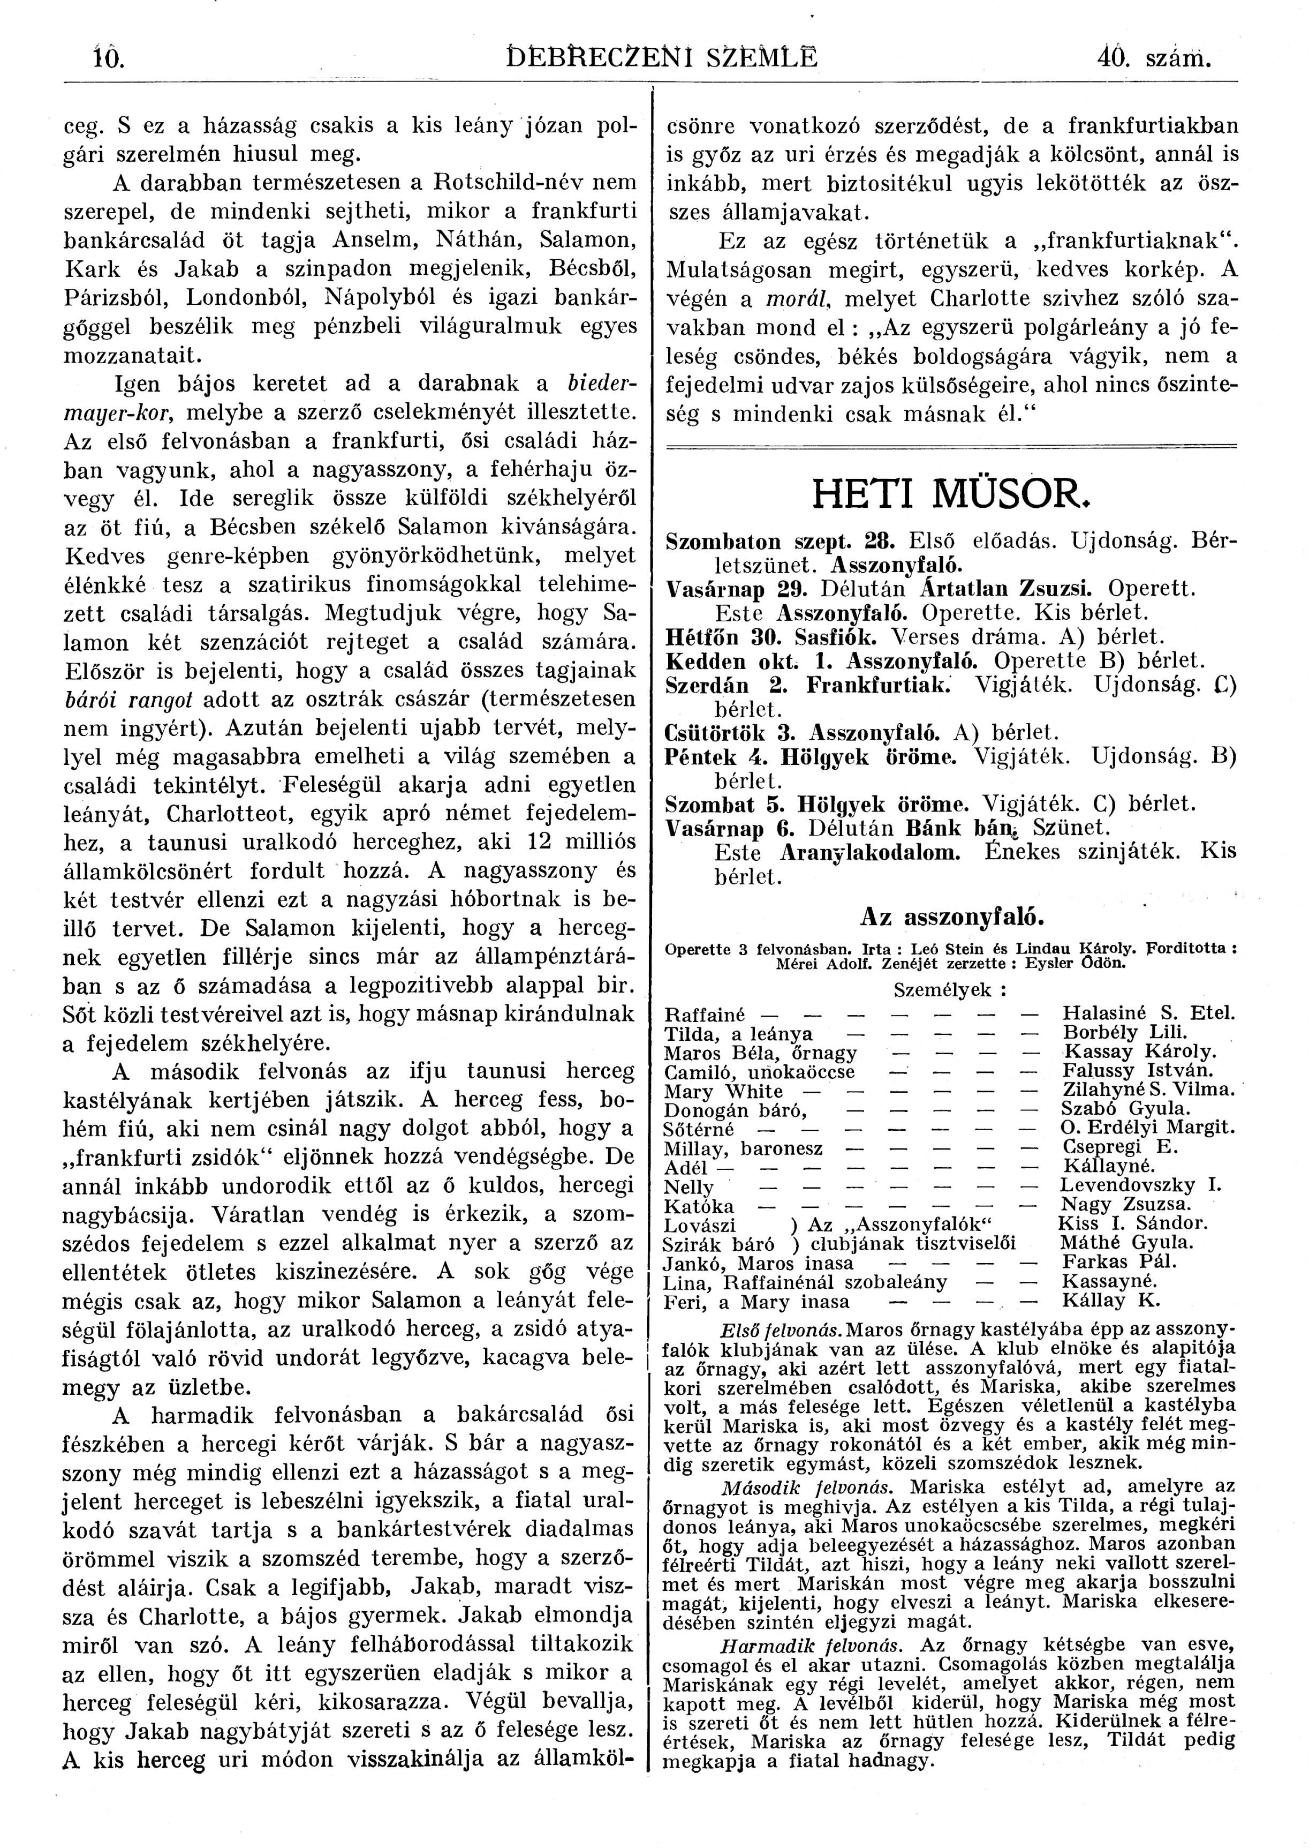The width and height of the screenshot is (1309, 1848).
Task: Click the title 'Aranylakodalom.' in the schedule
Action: [x=871, y=852]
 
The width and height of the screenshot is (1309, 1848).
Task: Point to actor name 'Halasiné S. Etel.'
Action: [x=1148, y=1013]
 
